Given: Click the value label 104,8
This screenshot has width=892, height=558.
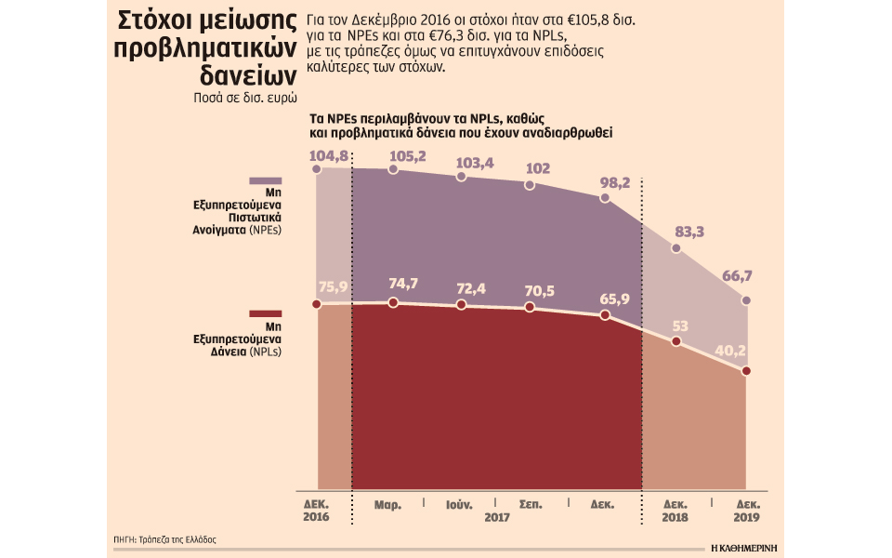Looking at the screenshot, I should point(331,155).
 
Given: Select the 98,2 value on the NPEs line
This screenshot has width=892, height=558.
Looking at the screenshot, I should point(614,182).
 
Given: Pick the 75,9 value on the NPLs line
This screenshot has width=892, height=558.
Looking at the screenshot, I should point(333,286).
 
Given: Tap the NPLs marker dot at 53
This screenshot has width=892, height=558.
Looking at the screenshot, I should point(676,342).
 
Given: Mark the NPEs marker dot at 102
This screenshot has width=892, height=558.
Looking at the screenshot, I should point(530,185).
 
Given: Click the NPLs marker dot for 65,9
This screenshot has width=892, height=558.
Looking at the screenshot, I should point(605,315).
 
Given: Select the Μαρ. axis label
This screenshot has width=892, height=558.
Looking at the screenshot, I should point(387,505).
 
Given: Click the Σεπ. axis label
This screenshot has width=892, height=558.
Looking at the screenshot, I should point(531,505).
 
